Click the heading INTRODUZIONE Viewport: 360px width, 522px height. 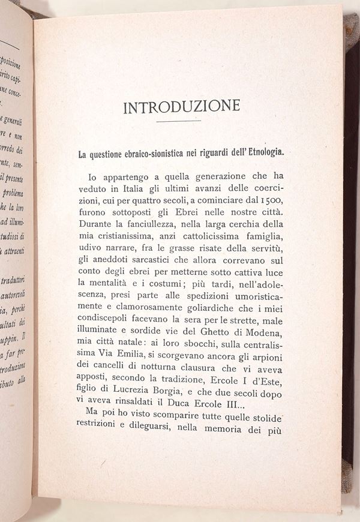181,107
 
